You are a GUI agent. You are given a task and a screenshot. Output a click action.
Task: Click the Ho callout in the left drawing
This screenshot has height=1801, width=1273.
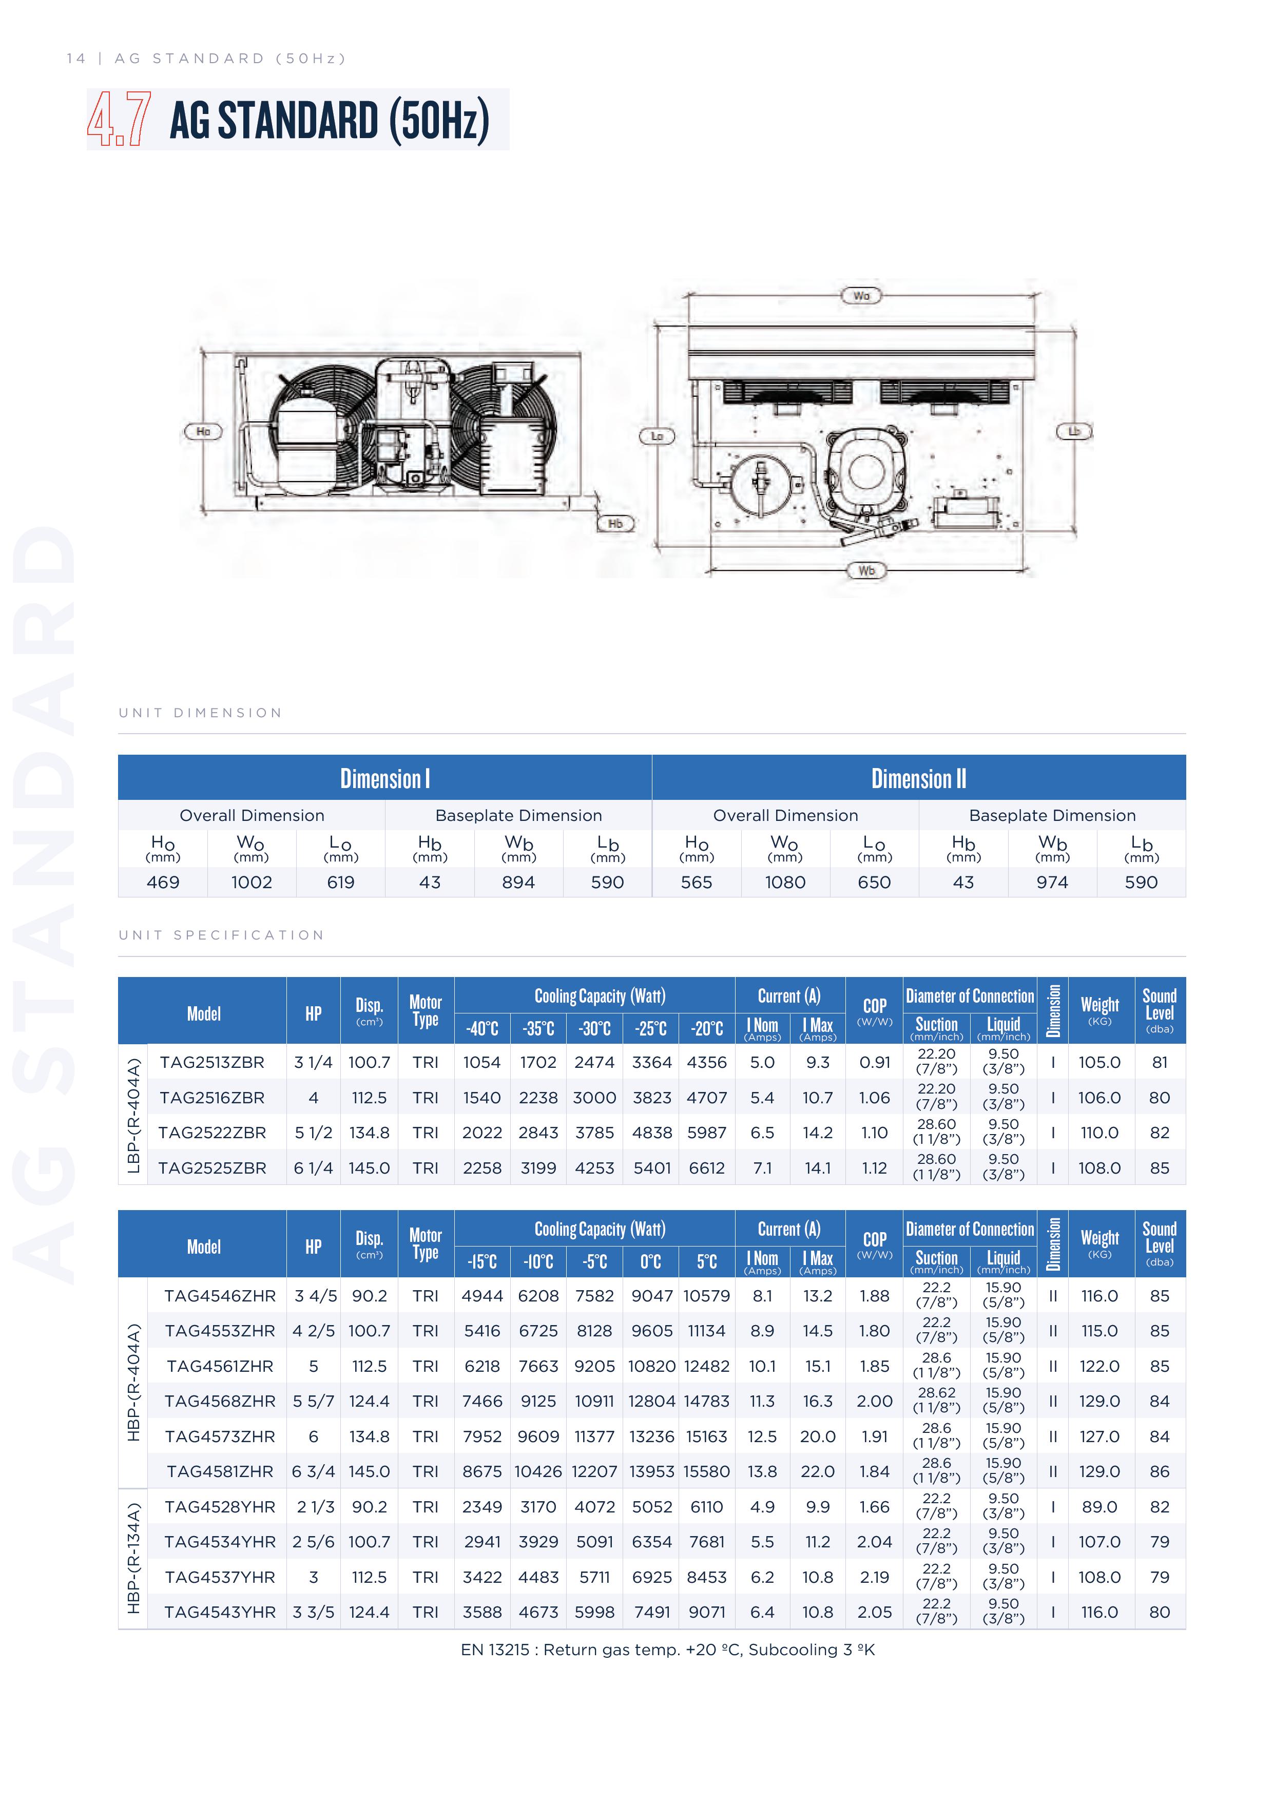click(x=203, y=431)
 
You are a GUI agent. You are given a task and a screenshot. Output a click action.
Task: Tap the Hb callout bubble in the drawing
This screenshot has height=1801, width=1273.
click(x=616, y=523)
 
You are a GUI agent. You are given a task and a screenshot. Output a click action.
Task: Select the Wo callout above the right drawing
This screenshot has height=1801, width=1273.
click(x=861, y=296)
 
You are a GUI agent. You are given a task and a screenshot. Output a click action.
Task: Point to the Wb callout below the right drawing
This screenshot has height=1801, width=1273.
click(x=866, y=570)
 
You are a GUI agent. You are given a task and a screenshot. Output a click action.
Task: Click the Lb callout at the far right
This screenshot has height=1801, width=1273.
click(x=1074, y=431)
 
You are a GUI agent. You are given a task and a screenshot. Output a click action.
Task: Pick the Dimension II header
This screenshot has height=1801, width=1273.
click(x=918, y=778)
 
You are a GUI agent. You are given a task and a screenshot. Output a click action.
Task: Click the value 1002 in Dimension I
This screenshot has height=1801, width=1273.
click(x=252, y=883)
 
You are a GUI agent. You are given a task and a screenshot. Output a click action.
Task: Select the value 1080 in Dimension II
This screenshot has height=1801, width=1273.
click(x=785, y=883)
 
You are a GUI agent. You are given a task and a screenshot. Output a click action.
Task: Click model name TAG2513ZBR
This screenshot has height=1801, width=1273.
click(x=212, y=1062)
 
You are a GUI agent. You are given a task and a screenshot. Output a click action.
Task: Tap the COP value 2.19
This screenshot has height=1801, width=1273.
click(x=875, y=1577)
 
